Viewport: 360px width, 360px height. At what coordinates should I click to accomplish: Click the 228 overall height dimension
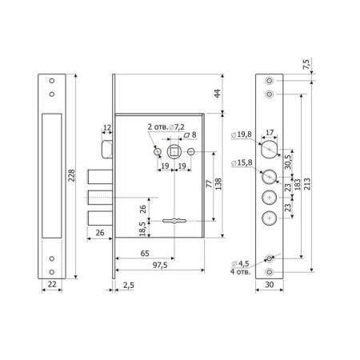point(71,175)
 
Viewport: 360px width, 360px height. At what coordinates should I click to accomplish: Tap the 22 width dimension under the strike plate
point(52,284)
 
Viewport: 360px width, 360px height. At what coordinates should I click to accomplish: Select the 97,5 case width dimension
point(160,265)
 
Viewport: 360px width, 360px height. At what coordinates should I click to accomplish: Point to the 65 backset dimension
point(145,254)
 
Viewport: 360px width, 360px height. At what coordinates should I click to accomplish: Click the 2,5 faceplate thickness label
point(129,286)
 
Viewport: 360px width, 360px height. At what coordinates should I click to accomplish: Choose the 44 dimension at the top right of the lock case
point(218,94)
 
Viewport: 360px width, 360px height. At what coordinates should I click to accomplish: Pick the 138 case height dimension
point(218,184)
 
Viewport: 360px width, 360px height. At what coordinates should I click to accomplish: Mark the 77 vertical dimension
point(210,184)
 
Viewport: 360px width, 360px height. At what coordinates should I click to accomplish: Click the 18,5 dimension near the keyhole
point(142,229)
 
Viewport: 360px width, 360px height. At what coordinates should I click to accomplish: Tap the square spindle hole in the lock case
point(174,152)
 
